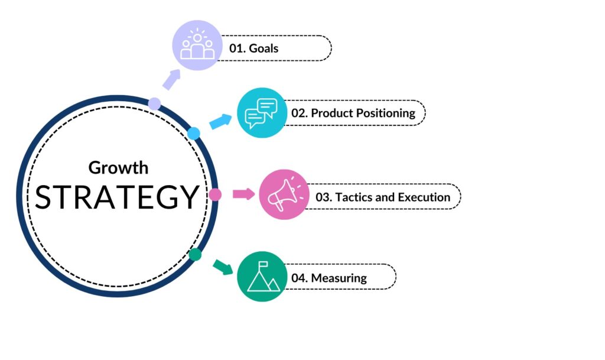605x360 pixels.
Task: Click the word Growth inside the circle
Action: pos(118,167)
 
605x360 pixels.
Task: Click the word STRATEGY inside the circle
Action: pos(116,197)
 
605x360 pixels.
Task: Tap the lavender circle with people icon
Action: pos(197,46)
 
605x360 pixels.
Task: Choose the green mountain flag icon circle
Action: pos(262,277)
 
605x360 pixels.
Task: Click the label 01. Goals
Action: pos(254,48)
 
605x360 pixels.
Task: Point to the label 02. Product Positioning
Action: pos(353,113)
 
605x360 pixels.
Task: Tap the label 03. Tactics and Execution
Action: pos(383,197)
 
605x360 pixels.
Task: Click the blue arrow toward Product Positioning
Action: pos(221,122)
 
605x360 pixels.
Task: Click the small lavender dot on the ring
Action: pos(154,104)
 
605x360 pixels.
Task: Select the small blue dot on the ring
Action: pos(194,133)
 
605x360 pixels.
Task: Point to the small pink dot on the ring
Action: pos(214,194)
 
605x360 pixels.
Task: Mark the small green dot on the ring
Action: pos(196,255)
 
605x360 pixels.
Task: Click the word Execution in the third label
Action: pos(424,197)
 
